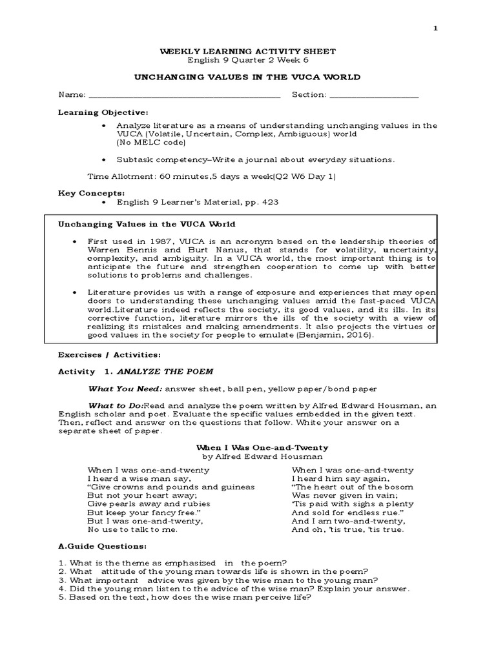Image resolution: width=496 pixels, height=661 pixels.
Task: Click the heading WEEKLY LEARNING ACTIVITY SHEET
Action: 247,50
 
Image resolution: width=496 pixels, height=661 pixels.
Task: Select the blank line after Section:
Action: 374,95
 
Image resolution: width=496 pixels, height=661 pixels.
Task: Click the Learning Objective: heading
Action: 104,112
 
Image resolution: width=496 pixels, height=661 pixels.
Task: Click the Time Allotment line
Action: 211,176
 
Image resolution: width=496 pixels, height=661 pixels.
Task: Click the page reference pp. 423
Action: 263,202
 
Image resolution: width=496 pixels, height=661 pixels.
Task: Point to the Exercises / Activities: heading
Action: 109,355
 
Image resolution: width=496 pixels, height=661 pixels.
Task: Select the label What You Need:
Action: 125,389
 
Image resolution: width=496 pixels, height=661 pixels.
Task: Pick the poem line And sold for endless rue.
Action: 341,513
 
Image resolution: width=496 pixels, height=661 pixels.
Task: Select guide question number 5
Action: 185,597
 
